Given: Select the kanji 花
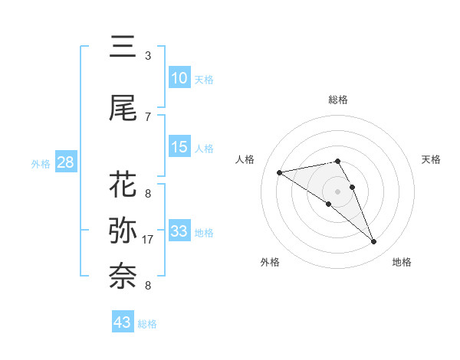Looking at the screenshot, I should click(x=123, y=185).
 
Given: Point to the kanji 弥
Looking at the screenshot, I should click(x=123, y=229).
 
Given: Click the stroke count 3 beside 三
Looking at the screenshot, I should click(x=147, y=56).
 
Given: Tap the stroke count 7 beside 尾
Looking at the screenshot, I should click(x=147, y=116).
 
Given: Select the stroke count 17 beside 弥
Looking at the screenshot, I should click(x=149, y=240).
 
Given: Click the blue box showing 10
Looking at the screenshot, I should click(x=179, y=78).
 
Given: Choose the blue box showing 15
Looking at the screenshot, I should click(x=179, y=147).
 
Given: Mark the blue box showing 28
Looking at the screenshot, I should click(x=65, y=162).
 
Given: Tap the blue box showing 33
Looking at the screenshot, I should click(x=179, y=231).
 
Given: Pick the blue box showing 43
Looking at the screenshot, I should click(x=122, y=322).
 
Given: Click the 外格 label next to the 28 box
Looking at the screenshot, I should click(x=41, y=163).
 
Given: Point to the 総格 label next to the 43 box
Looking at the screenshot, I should click(x=147, y=324).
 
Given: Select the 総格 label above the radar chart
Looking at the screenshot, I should click(x=338, y=100).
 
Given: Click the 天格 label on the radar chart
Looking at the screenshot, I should click(x=432, y=159).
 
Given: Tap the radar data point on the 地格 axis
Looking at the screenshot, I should click(x=374, y=242).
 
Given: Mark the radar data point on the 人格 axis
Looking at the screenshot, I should click(x=280, y=172).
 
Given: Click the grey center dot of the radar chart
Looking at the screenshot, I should click(x=338, y=190).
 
